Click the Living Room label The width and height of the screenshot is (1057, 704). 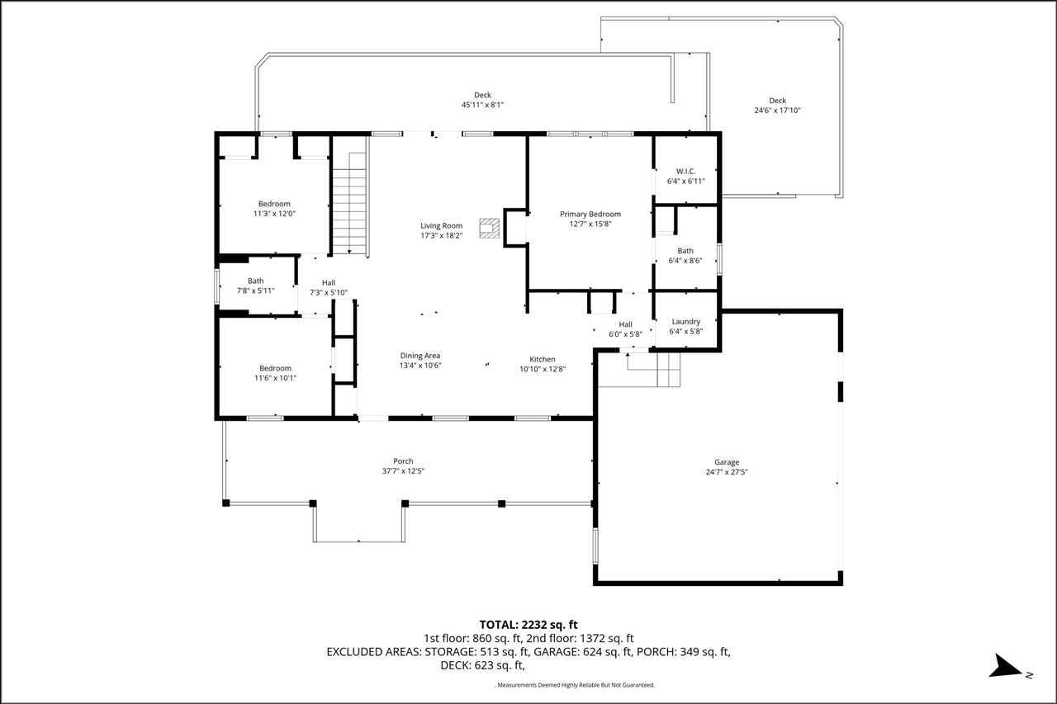pos(441,226)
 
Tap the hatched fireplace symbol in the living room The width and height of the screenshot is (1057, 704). pos(490,229)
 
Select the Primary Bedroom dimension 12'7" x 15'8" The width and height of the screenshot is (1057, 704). pos(590,224)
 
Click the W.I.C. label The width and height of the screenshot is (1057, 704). pos(685,171)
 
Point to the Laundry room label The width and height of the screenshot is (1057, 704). pos(685,322)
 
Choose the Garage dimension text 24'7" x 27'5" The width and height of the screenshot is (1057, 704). pos(727,472)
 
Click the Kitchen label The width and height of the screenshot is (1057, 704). pos(543,359)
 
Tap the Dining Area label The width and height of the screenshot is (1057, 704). pos(420,356)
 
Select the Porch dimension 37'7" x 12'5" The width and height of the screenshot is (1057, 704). pos(403,471)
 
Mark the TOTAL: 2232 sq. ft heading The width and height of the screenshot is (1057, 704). pos(528,625)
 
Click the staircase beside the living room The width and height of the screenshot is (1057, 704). pos(349,204)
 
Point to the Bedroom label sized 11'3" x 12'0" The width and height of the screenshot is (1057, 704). pos(274,204)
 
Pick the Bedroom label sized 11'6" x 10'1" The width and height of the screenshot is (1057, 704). pos(275,368)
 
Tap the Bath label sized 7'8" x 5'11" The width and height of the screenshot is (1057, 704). pos(256,281)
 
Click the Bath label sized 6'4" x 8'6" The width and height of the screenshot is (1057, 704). pos(685,251)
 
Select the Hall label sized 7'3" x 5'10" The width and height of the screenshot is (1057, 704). pos(329,283)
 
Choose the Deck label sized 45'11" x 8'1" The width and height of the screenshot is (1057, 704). pos(483,95)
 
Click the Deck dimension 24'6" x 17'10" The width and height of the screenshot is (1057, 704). pos(778,111)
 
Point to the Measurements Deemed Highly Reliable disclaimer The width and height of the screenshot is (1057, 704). pos(575,685)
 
